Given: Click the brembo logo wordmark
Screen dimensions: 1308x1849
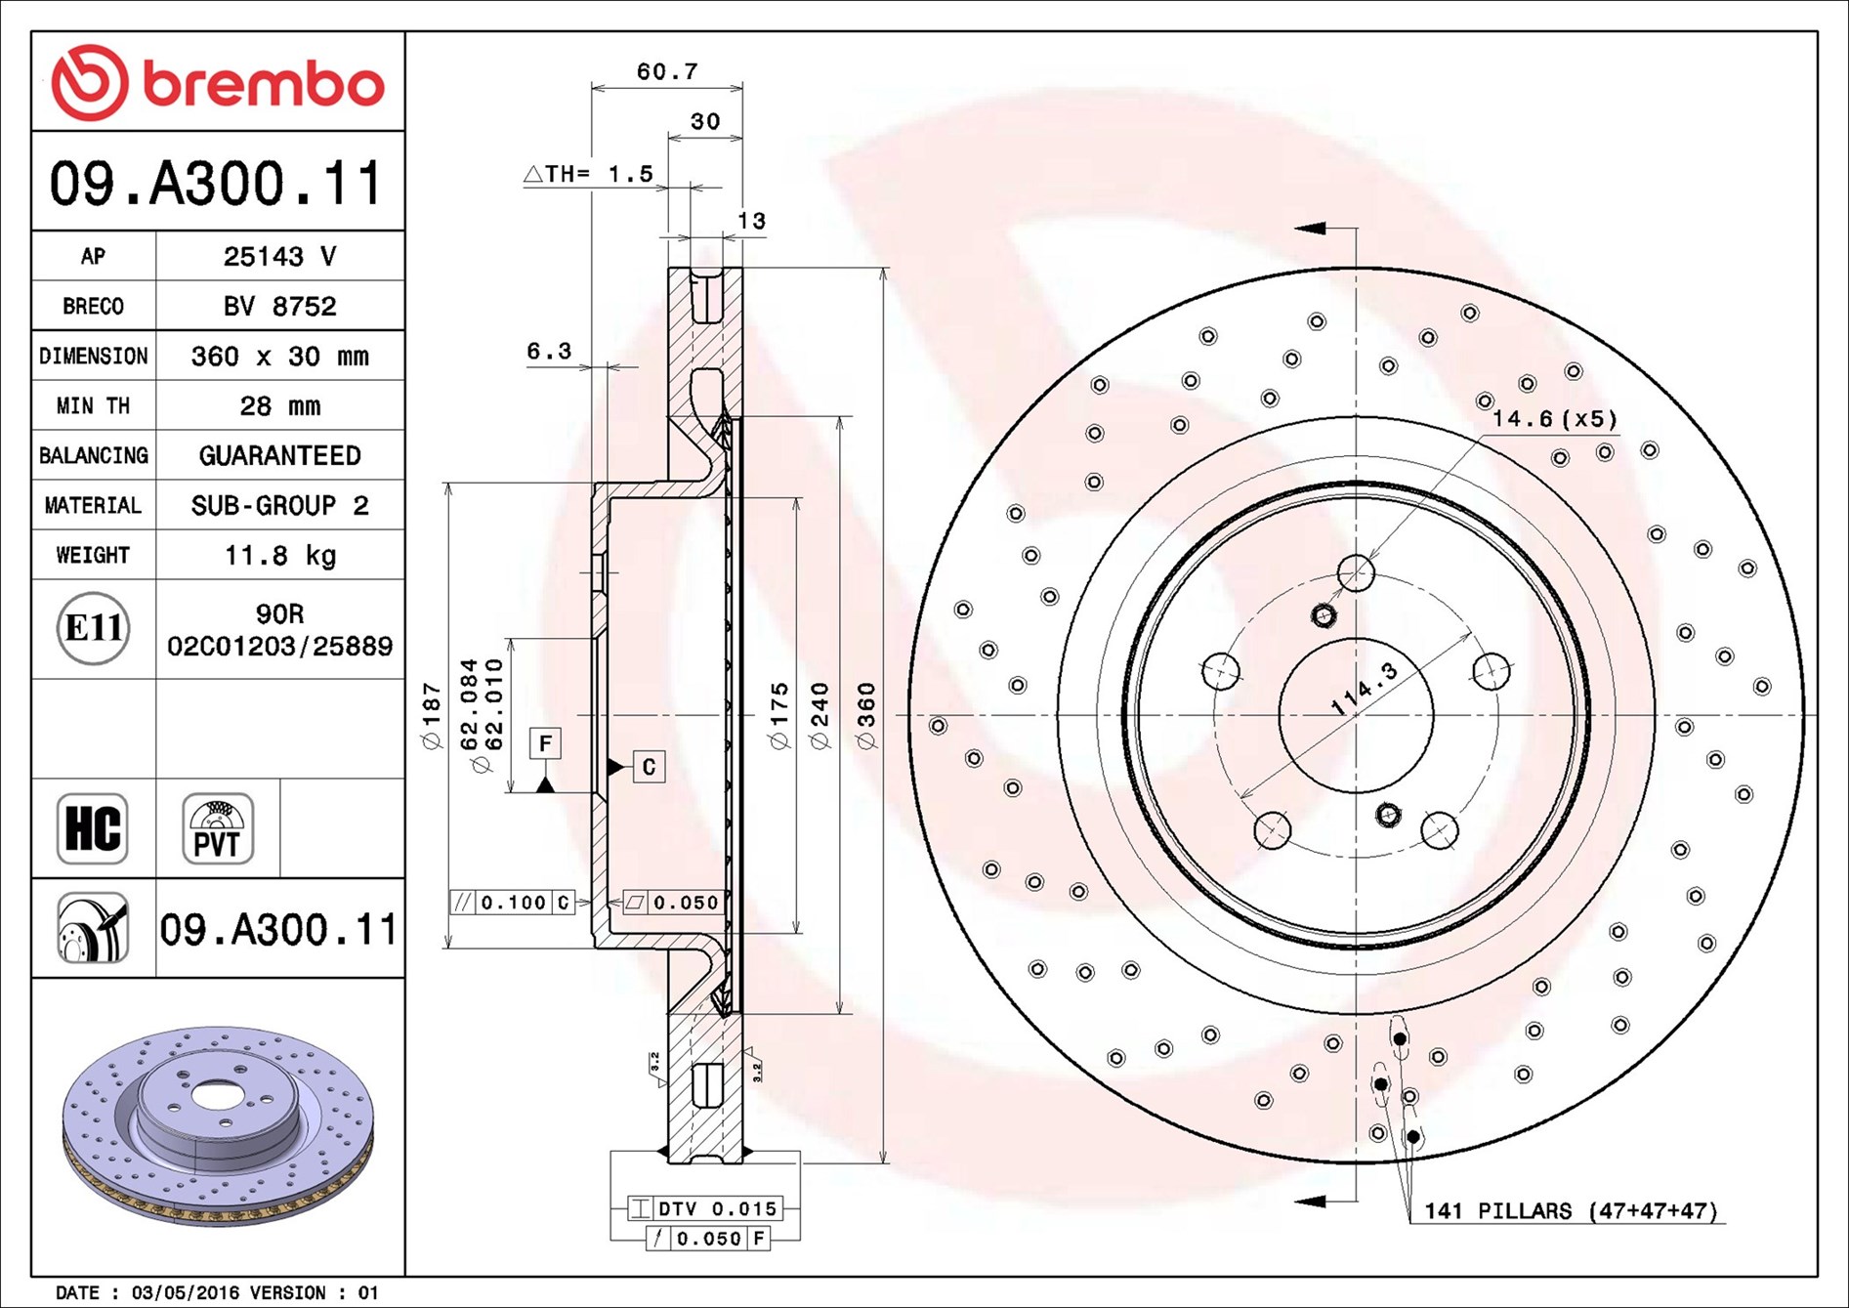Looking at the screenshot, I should point(262,84).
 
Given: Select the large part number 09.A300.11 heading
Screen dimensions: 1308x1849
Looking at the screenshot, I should point(216,184).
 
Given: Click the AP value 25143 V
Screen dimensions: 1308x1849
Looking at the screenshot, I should point(279,257).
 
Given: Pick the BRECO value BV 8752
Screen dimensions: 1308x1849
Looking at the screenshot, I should point(279,307).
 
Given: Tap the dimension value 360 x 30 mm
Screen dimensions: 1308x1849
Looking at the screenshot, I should point(279,357).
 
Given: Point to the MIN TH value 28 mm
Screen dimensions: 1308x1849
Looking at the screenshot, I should point(279,406).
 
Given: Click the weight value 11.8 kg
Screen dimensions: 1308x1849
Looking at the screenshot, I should point(279,556).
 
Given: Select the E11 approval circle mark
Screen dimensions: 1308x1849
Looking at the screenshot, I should point(93,628).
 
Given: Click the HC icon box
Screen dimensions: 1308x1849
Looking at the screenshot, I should point(93,828).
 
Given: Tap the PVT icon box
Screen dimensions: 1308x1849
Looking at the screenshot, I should point(218,828).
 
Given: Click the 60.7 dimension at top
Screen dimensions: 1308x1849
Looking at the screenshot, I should point(667,72).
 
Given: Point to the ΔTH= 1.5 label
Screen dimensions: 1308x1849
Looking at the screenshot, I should point(589,175).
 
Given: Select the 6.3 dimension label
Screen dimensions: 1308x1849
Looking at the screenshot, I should point(549,352).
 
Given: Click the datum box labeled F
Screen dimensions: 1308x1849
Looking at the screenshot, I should point(545,744).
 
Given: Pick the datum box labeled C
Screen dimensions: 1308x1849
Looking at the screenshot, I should point(650,767).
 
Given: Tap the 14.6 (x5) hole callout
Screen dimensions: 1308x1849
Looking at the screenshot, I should point(1554,419).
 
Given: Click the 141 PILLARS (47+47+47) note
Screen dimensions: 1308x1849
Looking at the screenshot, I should point(1570,1211).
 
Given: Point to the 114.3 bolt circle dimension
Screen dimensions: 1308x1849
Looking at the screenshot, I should point(1364,689).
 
